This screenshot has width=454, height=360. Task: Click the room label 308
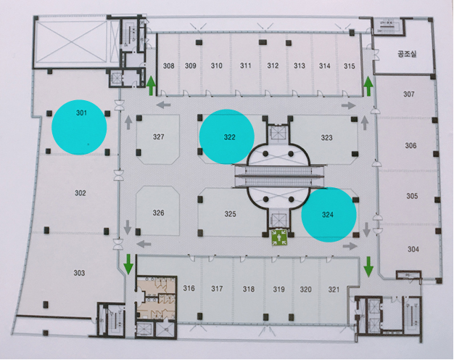pyautogui.click(x=168, y=66)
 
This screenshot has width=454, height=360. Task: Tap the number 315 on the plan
pyautogui.click(x=350, y=66)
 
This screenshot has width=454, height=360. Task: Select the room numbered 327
pyautogui.click(x=159, y=137)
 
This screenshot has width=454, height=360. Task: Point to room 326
pyautogui.click(x=159, y=213)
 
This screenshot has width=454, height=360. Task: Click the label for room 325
pyautogui.click(x=230, y=213)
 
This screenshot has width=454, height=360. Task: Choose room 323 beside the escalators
pyautogui.click(x=326, y=137)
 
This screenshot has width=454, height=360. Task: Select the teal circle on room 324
pyautogui.click(x=329, y=214)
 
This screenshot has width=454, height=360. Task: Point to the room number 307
pyautogui.click(x=409, y=94)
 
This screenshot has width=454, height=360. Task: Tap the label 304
pyautogui.click(x=413, y=249)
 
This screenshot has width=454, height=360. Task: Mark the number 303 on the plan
pyautogui.click(x=79, y=273)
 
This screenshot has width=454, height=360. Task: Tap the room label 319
pyautogui.click(x=278, y=289)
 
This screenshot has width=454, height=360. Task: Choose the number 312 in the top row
pyautogui.click(x=273, y=66)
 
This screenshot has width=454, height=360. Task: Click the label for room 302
pyautogui.click(x=80, y=192)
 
